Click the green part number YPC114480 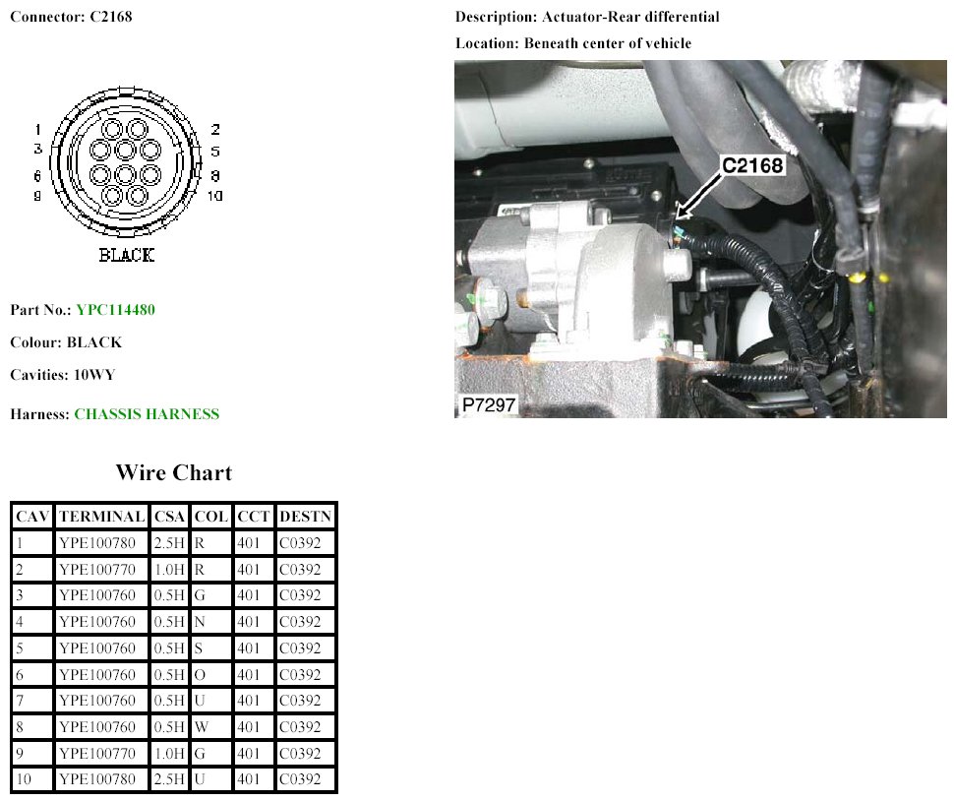[115, 310]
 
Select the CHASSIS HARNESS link [147, 414]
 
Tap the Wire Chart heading [174, 472]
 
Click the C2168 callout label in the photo [752, 165]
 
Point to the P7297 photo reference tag [489, 404]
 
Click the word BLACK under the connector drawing [127, 255]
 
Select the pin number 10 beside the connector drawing [214, 196]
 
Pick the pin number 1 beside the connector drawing [37, 129]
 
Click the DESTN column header [306, 517]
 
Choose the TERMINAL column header [101, 517]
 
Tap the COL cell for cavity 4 [211, 622]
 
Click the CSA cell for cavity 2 [169, 569]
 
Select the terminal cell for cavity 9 [101, 753]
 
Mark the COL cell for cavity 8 [211, 727]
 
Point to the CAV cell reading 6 [32, 674]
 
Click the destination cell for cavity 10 [306, 779]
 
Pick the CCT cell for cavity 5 [253, 648]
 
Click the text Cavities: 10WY [63, 374]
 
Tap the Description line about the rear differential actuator [587, 17]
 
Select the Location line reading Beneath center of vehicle [573, 43]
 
